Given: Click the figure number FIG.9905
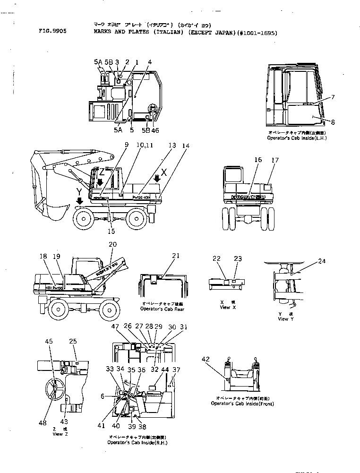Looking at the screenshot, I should tap(53, 34).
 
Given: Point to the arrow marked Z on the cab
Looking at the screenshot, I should tap(100, 181).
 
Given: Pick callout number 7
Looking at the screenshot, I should tap(333, 97).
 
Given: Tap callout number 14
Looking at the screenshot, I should tap(186, 146).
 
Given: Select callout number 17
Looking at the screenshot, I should tap(275, 160).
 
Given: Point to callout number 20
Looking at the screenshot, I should tap(112, 244).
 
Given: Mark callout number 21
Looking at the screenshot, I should tap(176, 256).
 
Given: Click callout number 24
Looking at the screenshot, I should tap(321, 261).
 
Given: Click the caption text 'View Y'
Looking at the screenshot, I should tap(283, 319).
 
